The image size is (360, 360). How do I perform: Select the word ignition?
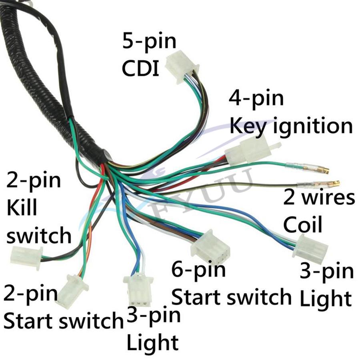point(307,126)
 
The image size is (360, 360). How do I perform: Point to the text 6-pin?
point(198,271)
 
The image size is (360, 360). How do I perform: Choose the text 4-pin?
point(256,98)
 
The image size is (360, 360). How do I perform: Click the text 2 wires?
point(319,198)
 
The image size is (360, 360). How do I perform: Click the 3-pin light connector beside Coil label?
point(311,248)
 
